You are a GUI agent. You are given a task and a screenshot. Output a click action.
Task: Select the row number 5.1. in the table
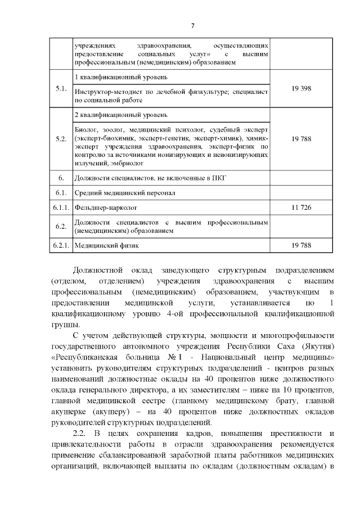pyautogui.click(x=61, y=89)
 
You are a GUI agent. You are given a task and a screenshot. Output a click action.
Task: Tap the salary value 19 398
pyautogui.click(x=301, y=89)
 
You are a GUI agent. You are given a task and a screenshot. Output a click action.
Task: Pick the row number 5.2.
pyautogui.click(x=61, y=138)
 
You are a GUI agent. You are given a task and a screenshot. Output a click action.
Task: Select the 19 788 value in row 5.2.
pyautogui.click(x=301, y=138)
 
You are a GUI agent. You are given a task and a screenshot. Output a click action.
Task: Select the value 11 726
pyautogui.click(x=301, y=208)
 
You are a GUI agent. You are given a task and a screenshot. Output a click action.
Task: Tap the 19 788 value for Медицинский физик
pyautogui.click(x=301, y=246)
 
